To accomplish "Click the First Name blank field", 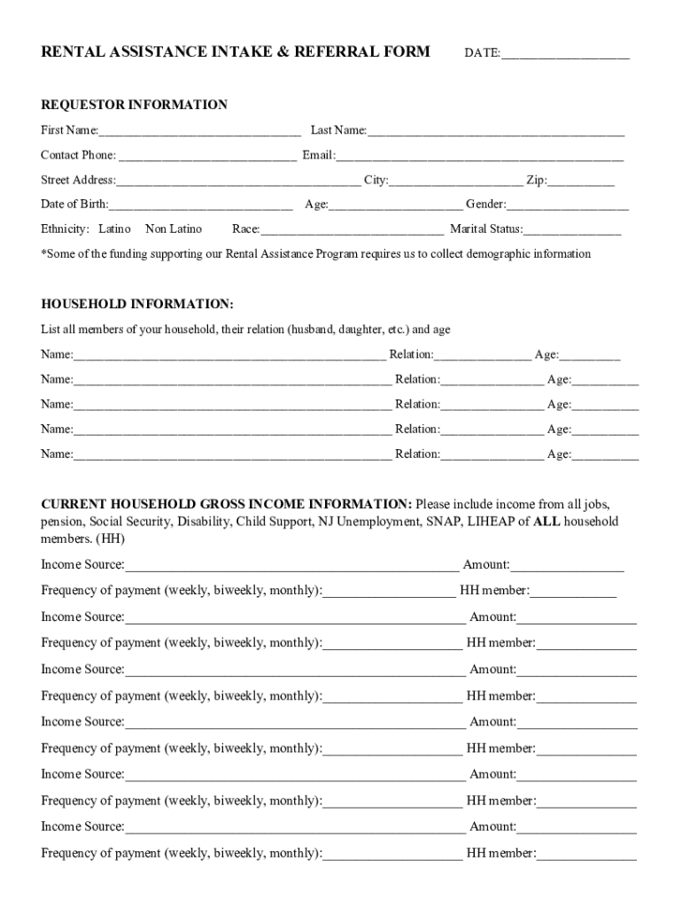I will [199, 132].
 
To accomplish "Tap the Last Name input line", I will [496, 132].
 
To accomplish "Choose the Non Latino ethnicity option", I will [174, 229].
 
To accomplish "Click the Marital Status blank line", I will [572, 230].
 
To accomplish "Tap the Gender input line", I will [568, 205].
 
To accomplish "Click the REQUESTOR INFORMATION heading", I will [134, 105].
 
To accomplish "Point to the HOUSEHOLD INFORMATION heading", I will [137, 305].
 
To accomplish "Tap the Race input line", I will [352, 230].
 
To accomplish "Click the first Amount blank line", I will [567, 565].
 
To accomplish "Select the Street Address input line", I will [238, 182].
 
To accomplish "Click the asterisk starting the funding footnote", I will [44, 253].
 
